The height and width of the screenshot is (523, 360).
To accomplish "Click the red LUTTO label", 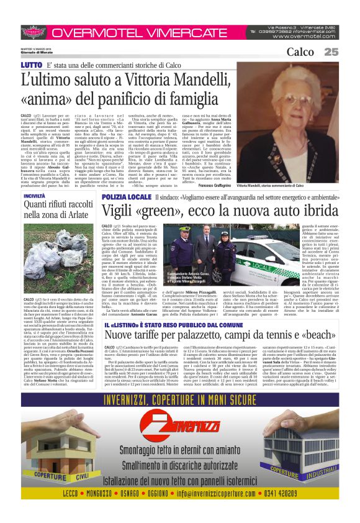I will click(32, 65).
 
